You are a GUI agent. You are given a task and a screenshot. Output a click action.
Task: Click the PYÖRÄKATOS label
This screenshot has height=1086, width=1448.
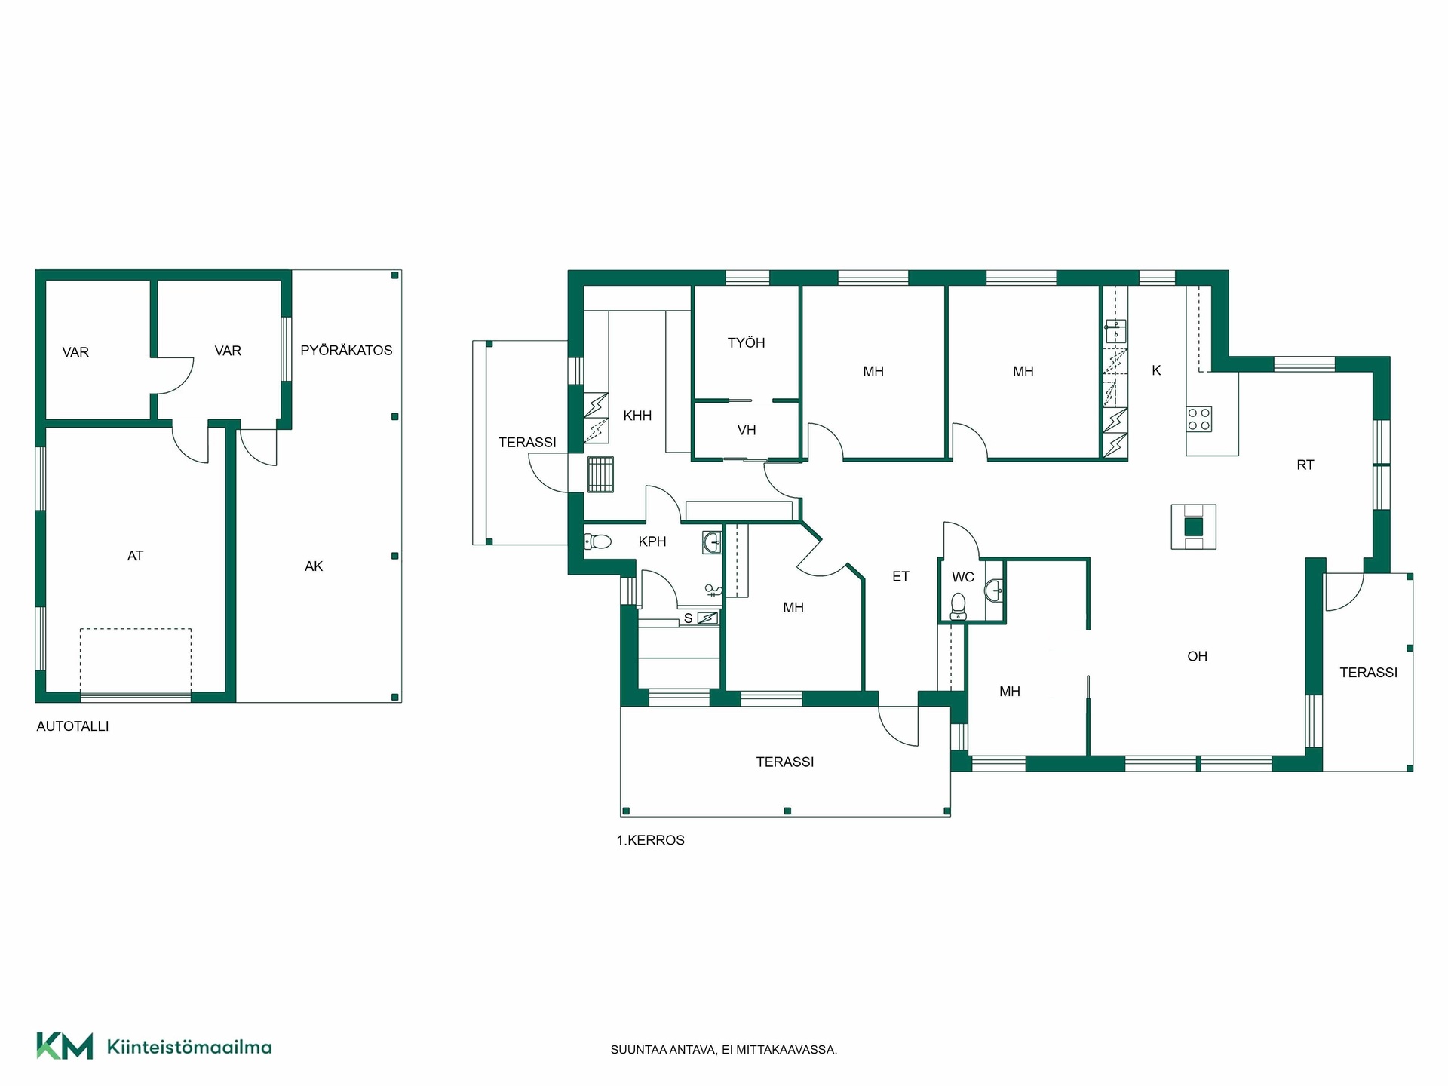[346, 351]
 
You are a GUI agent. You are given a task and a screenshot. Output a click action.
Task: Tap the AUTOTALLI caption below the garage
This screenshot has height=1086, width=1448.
[72, 726]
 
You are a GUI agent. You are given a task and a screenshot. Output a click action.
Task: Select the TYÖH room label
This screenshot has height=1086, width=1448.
[746, 343]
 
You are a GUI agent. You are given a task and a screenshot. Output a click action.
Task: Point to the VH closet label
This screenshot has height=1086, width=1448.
[747, 431]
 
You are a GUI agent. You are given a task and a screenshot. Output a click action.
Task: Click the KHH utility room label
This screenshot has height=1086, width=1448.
[637, 416]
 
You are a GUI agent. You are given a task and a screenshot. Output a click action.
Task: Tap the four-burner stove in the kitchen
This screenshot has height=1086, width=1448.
[1199, 419]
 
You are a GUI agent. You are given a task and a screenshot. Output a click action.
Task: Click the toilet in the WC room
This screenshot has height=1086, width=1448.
[958, 606]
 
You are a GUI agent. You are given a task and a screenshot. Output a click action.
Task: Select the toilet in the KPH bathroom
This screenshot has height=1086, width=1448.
[597, 541]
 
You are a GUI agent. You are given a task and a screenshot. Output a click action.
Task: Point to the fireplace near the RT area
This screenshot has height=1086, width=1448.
[1193, 526]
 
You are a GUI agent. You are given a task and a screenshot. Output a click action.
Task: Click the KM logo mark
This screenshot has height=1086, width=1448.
[65, 1046]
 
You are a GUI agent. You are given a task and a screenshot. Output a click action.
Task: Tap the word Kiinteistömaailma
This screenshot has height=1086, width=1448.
[189, 1047]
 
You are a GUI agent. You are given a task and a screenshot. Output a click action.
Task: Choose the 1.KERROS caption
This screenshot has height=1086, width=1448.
[650, 840]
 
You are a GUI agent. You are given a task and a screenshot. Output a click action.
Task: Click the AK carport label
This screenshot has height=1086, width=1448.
[314, 566]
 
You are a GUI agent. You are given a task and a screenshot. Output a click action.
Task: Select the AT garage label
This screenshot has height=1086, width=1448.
[135, 556]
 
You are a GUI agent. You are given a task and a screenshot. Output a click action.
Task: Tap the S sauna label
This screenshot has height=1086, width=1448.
[688, 618]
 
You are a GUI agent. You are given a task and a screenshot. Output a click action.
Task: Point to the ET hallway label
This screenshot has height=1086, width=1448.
[900, 577]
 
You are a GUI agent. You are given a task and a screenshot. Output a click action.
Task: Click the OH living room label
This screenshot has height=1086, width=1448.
[1197, 657]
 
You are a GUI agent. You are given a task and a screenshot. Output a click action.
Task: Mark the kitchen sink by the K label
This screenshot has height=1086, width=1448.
[1116, 332]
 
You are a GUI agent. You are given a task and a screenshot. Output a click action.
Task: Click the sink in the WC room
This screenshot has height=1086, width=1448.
[994, 591]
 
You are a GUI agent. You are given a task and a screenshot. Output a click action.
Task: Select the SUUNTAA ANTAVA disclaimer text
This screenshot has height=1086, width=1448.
[724, 1050]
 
